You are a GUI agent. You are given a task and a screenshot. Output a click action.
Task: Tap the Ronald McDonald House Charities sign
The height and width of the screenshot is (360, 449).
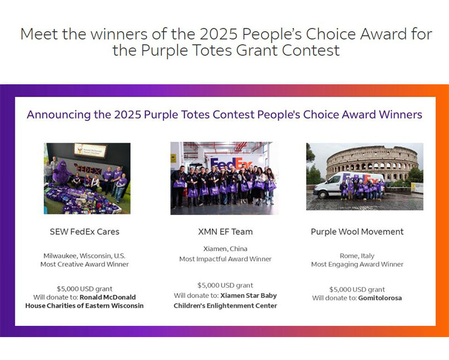[x=90, y=150]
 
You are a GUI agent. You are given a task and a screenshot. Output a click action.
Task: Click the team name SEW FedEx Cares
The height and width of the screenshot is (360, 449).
[x=84, y=232]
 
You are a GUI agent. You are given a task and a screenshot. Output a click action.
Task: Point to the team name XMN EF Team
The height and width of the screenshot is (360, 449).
[x=225, y=232]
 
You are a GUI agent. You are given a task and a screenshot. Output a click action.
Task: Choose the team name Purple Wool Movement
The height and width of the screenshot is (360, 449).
[x=357, y=232]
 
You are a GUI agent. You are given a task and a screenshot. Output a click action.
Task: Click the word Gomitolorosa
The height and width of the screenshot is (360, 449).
[x=380, y=298]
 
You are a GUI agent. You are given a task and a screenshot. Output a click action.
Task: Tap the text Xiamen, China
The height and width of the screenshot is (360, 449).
[x=225, y=249]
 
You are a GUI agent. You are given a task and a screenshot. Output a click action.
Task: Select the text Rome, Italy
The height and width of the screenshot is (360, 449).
[x=357, y=256]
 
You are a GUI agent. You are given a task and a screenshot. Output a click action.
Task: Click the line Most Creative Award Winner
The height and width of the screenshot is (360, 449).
[x=84, y=264]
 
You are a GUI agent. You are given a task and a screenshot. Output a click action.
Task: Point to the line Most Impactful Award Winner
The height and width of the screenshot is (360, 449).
[x=225, y=259]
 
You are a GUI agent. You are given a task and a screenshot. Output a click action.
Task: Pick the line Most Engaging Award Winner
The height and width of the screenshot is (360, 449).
[x=357, y=264]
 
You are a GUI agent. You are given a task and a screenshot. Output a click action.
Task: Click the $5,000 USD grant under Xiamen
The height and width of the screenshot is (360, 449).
[x=225, y=285]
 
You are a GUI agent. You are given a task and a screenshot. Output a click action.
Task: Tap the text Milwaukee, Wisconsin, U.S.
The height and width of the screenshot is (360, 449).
[x=84, y=256]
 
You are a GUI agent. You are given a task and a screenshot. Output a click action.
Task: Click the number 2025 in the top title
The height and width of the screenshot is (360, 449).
[x=219, y=34]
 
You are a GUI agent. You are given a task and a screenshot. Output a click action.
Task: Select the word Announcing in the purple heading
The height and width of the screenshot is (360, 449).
[x=59, y=114]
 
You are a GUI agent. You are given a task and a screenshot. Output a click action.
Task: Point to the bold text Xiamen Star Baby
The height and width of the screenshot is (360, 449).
[x=249, y=296]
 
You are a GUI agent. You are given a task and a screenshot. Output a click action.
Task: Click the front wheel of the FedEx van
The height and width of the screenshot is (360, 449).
[x=323, y=194]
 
